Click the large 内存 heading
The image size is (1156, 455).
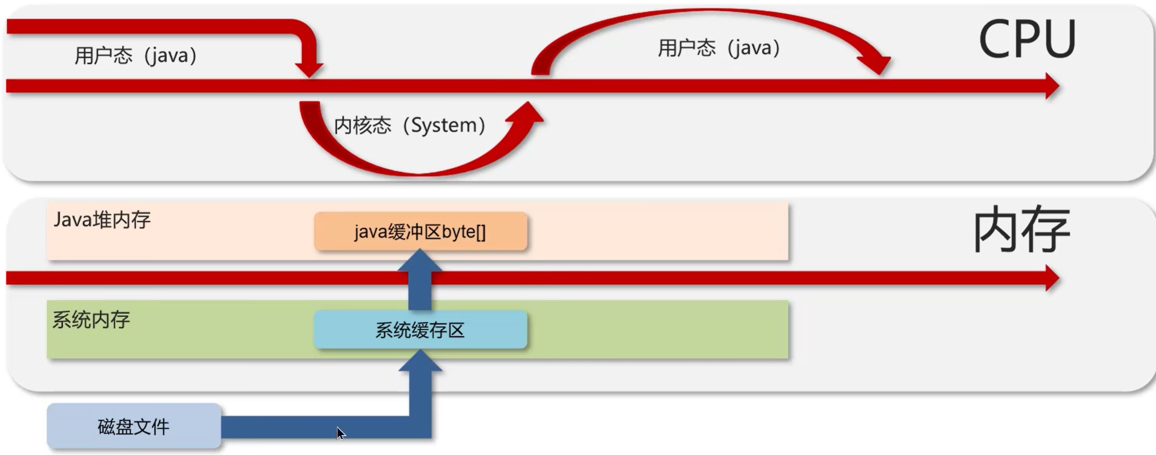tap(1021, 230)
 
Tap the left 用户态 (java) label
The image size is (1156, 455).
tap(136, 56)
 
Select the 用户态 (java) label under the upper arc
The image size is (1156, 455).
tap(719, 48)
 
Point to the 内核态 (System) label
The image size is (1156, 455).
tap(409, 125)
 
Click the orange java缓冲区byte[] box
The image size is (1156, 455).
tap(420, 231)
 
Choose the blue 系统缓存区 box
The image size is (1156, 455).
tap(420, 330)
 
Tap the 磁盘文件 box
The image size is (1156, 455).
tap(134, 426)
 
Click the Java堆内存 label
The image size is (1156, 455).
tap(102, 220)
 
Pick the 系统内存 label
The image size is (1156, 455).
tap(91, 320)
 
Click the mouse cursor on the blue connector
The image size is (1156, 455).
tap(341, 433)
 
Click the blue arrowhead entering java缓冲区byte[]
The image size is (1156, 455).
tap(420, 260)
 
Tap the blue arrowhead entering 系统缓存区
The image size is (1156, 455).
tap(420, 360)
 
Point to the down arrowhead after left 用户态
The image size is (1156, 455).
tap(309, 69)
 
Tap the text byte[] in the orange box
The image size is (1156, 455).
tap(464, 232)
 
